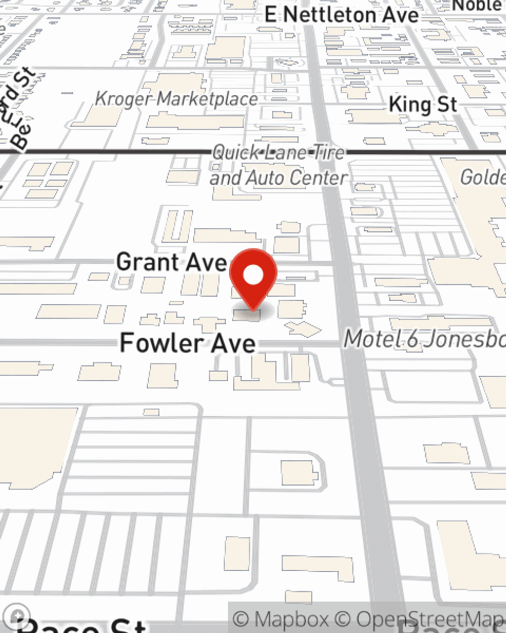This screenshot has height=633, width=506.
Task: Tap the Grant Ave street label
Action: coord(171,262)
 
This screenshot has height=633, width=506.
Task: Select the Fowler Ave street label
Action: coord(187,343)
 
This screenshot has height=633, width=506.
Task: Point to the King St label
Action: coord(423,105)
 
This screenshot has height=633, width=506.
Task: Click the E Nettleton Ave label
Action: coord(342,15)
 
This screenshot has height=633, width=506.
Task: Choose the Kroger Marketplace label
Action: coord(176,99)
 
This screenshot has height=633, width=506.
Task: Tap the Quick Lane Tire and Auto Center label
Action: coord(278,165)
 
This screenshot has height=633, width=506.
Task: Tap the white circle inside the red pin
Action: coord(253,275)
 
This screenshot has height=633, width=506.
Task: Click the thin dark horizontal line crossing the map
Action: coord(101,151)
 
